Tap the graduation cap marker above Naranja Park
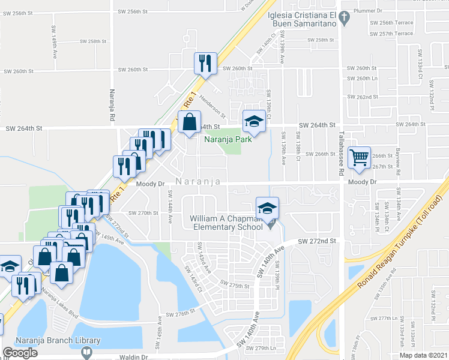tap(253, 122)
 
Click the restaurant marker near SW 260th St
tap(205, 64)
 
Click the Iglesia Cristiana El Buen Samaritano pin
tap(344, 19)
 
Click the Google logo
tap(20, 353)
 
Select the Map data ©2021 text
tap(424, 355)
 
